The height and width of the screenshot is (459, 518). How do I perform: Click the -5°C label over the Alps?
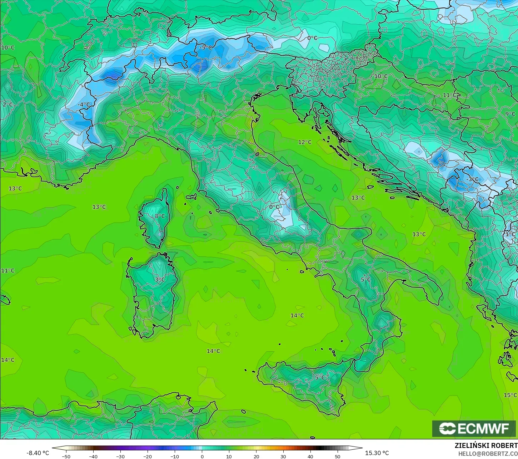point(206,47)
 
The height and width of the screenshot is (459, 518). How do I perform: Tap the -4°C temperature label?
point(84,104)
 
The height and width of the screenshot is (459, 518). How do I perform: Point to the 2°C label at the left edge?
point(8,104)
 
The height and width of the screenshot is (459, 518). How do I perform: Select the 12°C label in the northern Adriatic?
point(305,142)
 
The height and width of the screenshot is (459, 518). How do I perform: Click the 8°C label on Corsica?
point(160,216)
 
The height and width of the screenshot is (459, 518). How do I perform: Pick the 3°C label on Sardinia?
point(160,280)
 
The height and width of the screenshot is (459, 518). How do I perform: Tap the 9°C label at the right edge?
point(510,114)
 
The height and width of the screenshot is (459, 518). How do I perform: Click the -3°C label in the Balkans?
point(473,179)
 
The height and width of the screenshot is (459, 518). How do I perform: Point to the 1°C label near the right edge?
point(510,234)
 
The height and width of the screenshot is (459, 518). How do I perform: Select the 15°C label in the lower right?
point(510,395)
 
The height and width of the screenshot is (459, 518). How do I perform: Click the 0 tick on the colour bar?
point(202,456)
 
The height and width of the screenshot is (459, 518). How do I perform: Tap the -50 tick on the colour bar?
point(66,456)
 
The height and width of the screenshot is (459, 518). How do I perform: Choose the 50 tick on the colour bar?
point(338,456)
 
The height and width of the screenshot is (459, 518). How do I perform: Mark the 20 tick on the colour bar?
point(256,456)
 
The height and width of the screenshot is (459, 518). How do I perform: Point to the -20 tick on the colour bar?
point(148,456)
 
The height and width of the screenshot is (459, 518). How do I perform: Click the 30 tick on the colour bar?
point(283,456)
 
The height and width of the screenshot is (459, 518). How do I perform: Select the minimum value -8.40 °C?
point(38,453)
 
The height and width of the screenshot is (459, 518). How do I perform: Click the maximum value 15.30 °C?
point(377,453)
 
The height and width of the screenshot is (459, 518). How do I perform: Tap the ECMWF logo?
point(474,429)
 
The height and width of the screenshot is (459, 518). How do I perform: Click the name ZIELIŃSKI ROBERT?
point(486,446)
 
